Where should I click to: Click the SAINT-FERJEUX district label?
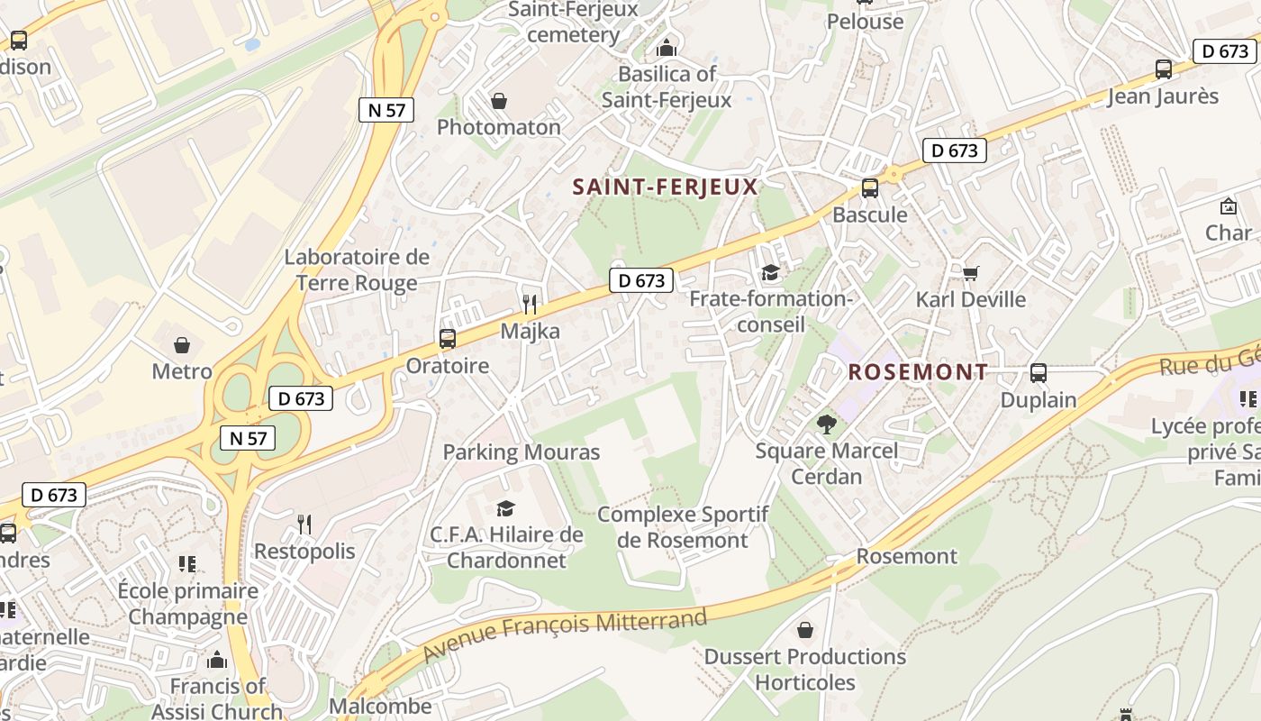pos(666,187)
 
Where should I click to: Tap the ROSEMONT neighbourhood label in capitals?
pos(918,371)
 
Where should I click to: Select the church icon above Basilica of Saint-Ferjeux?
pos(667,48)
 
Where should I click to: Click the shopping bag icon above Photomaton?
pos(498,101)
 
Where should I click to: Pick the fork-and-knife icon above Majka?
pos(530,305)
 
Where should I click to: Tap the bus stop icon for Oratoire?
pos(447,339)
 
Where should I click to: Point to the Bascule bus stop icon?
pos(869,188)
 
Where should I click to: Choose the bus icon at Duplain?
pos(1038,373)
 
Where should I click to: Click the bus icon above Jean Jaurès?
pos(1163,69)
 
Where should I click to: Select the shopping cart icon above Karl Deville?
pos(970,272)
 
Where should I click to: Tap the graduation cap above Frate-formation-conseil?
pos(770,272)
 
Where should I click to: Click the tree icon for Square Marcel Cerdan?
pos(826,424)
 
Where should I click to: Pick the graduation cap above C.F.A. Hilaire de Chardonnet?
pos(505,509)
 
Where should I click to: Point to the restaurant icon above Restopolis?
pos(304,525)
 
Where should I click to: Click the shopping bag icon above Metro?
pos(182,345)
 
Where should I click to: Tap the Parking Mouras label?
pos(521,452)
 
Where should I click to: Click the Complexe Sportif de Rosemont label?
pos(683,527)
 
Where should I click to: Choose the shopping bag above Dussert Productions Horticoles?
pos(804,630)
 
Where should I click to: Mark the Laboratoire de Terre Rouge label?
pos(357,269)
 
